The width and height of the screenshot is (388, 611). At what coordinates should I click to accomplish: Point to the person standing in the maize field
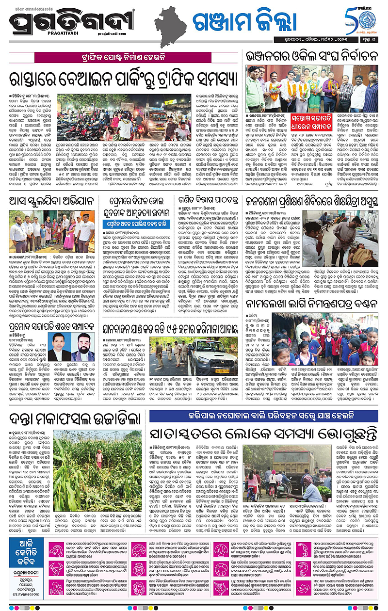click(99, 457)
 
